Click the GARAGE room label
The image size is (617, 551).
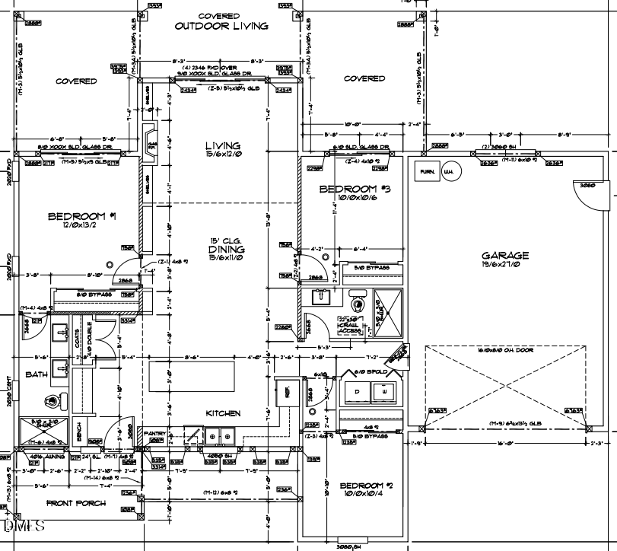tap(504, 256)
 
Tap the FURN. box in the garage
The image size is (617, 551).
tap(428, 172)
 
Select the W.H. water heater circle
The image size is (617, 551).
tap(450, 172)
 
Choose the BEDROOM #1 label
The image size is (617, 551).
tap(81, 216)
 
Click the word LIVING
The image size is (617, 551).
tap(223, 145)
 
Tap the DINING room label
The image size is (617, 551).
tap(227, 249)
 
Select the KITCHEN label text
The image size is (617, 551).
tap(223, 413)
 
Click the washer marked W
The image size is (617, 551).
tap(383, 390)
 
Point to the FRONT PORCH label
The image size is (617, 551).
tap(75, 503)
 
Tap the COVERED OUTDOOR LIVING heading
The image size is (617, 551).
tap(221, 21)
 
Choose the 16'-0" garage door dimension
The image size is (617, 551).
tap(505, 441)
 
